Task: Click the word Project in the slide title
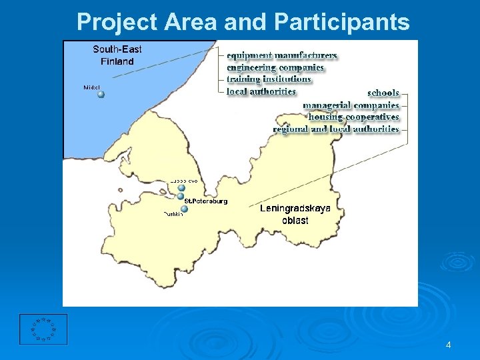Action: click(x=115, y=23)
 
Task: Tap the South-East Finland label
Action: click(x=117, y=55)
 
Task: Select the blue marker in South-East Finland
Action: click(x=101, y=94)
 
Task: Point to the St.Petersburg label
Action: click(x=206, y=201)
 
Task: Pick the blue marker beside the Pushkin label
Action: click(x=184, y=209)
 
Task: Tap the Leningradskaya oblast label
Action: click(x=295, y=214)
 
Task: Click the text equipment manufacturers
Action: click(x=281, y=56)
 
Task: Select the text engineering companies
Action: click(x=275, y=67)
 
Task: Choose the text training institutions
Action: click(x=269, y=79)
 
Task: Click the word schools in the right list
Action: click(x=383, y=93)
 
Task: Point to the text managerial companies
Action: click(x=351, y=105)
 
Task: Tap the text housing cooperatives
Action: click(x=353, y=117)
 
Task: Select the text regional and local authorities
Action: click(x=336, y=129)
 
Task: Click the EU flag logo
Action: click(x=43, y=329)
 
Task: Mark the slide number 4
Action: click(x=448, y=345)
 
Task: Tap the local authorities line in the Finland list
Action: click(x=261, y=91)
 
